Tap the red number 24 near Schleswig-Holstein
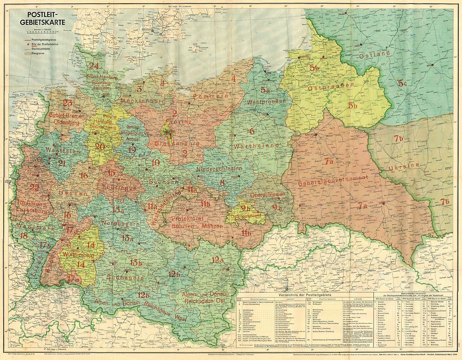pos(94,66)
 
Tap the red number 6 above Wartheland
pos(252,131)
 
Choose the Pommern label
pos(208,96)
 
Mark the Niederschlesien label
pos(219,168)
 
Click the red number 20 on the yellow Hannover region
pos(100,147)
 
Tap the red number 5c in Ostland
pos(402,84)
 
